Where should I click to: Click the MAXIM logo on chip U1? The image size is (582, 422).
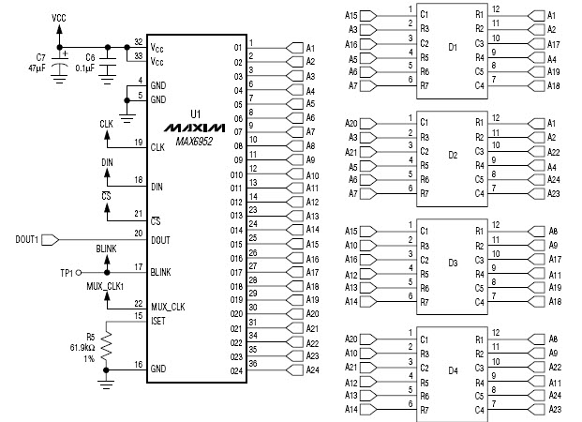[192, 127]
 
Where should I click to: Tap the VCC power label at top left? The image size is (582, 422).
[59, 17]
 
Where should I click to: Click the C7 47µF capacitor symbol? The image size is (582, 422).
[60, 66]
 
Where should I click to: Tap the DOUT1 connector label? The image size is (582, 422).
[28, 240]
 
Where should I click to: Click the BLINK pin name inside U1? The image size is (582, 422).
[161, 271]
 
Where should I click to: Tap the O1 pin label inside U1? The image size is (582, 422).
[237, 46]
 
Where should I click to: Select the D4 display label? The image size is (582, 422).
[453, 370]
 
